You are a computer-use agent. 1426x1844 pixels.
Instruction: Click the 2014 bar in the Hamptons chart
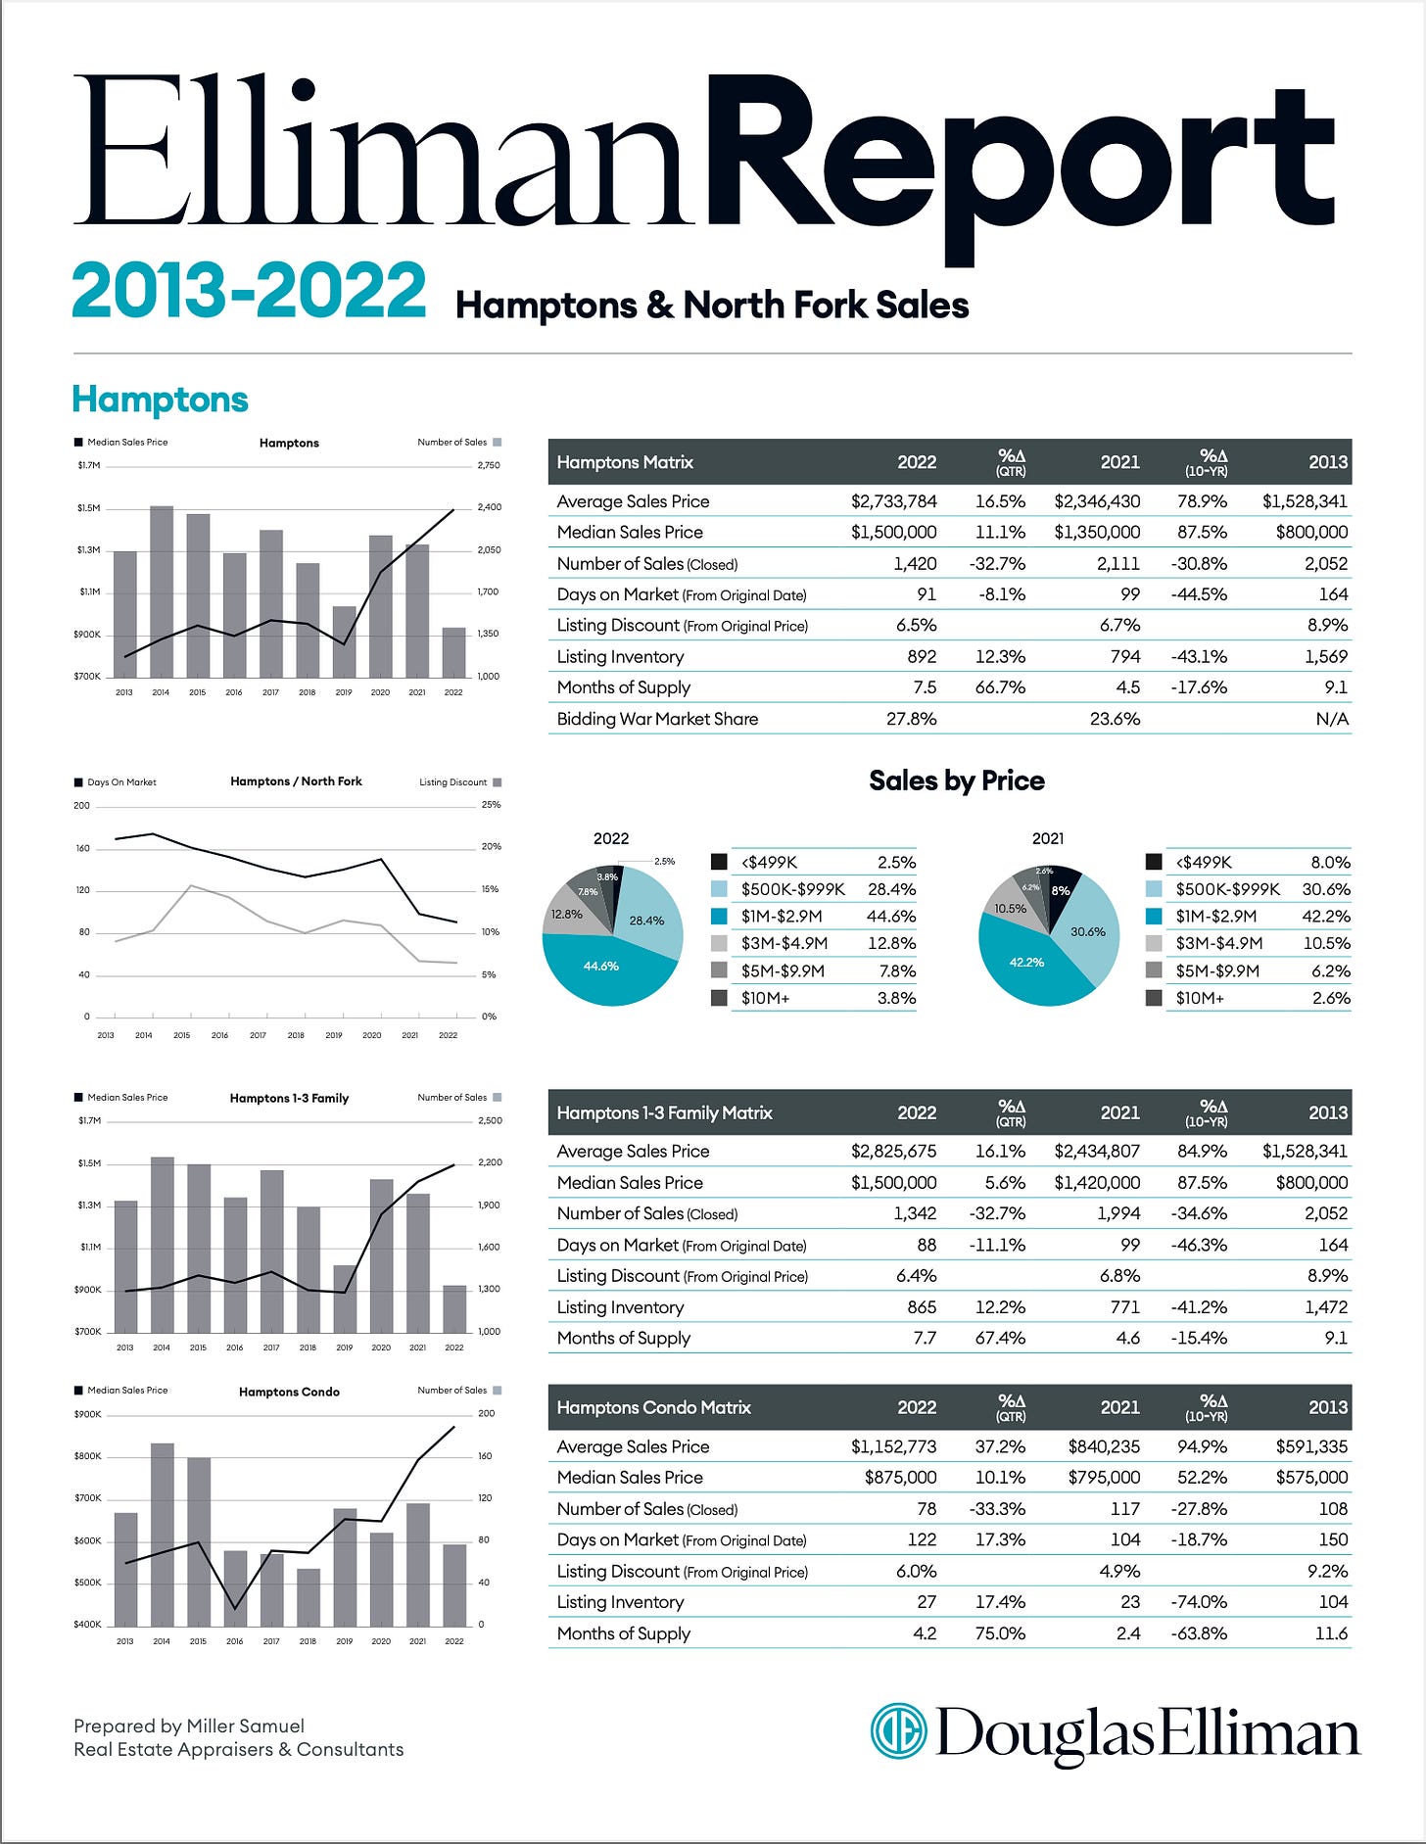click(x=162, y=591)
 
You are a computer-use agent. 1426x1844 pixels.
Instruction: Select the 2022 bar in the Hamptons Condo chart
click(x=454, y=1585)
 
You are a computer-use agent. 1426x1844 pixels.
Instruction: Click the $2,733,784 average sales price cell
click(x=893, y=501)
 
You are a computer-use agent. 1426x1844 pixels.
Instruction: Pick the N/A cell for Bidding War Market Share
click(x=1332, y=719)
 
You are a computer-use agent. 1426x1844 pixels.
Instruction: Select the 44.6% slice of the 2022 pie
click(x=600, y=967)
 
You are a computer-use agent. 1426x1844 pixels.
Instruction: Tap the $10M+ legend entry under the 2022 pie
click(x=765, y=998)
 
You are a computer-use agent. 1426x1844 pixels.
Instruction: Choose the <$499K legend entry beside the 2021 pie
click(x=1204, y=863)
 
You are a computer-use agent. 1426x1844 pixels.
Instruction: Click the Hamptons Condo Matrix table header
click(x=654, y=1407)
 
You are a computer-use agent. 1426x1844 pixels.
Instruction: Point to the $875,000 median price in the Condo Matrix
click(x=900, y=1477)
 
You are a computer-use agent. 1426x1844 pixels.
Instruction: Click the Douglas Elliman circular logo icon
click(x=898, y=1731)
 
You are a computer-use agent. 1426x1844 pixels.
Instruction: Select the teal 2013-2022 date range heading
click(x=249, y=291)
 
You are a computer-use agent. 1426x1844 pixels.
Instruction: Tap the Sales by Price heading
click(x=956, y=780)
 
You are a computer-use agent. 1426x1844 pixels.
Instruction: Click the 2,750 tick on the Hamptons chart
click(x=489, y=465)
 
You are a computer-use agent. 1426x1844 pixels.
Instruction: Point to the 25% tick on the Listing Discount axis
click(x=491, y=805)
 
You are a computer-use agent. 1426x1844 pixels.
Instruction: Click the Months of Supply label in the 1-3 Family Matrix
click(x=624, y=1338)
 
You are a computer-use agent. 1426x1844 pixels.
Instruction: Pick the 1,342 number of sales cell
click(x=915, y=1213)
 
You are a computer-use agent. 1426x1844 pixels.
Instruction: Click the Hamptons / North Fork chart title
click(x=296, y=781)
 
